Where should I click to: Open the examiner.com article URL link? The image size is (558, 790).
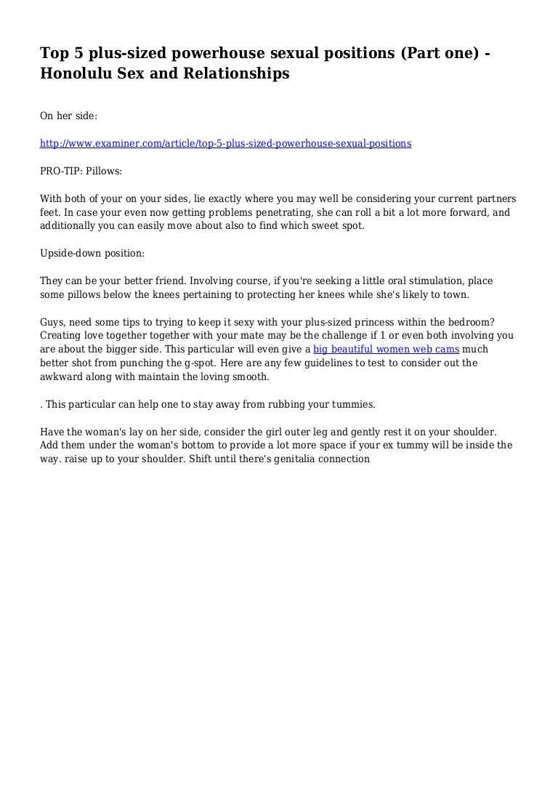coord(225,144)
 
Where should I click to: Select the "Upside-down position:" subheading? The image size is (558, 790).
coord(92,254)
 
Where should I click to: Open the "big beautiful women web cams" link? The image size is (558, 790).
coord(386,350)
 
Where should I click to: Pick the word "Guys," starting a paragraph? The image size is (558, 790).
coord(54,322)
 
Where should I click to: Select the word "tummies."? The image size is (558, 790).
coord(353,404)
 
